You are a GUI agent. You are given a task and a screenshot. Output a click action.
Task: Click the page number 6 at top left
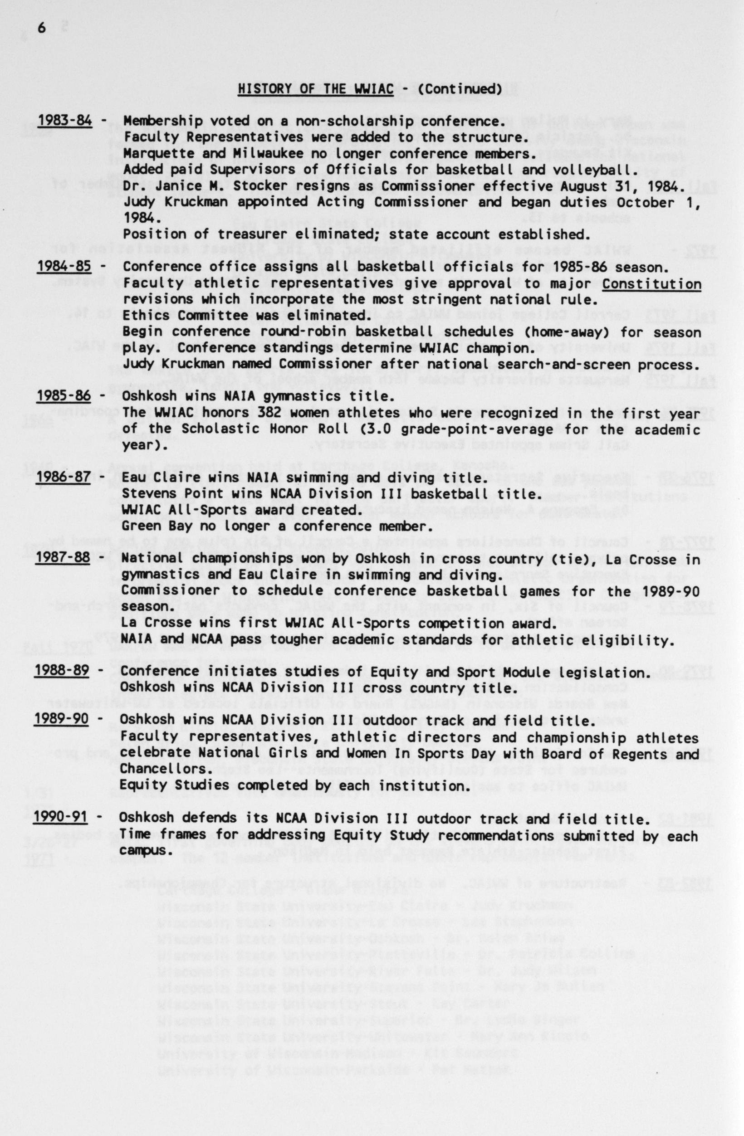(42, 29)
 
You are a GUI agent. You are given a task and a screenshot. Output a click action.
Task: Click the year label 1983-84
(65, 120)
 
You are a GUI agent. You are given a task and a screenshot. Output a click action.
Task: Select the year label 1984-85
(64, 265)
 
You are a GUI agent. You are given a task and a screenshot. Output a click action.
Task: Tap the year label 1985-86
(64, 396)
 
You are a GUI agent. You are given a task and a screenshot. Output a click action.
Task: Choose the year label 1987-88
(62, 558)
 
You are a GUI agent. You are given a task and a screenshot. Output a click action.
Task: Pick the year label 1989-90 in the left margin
(61, 720)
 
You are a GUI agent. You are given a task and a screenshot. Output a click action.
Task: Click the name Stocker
(254, 185)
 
